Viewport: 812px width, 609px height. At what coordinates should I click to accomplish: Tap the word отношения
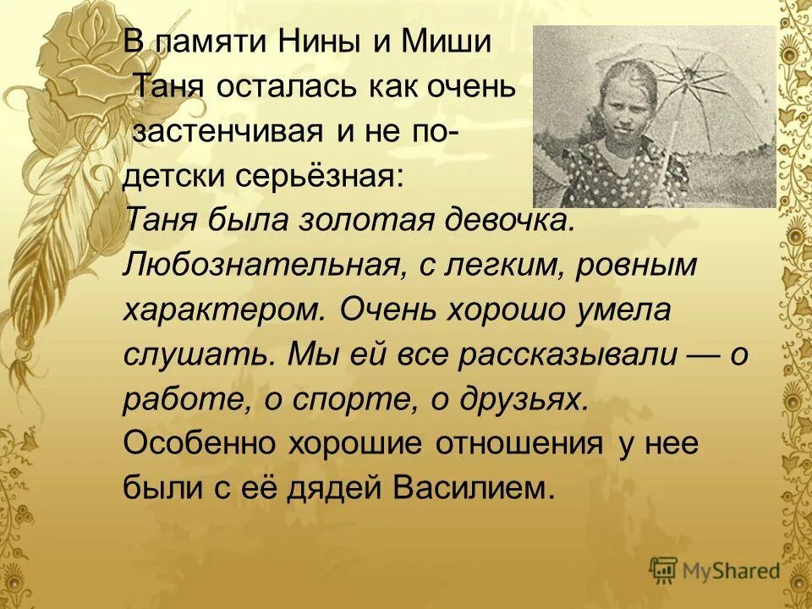pos(518,444)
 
